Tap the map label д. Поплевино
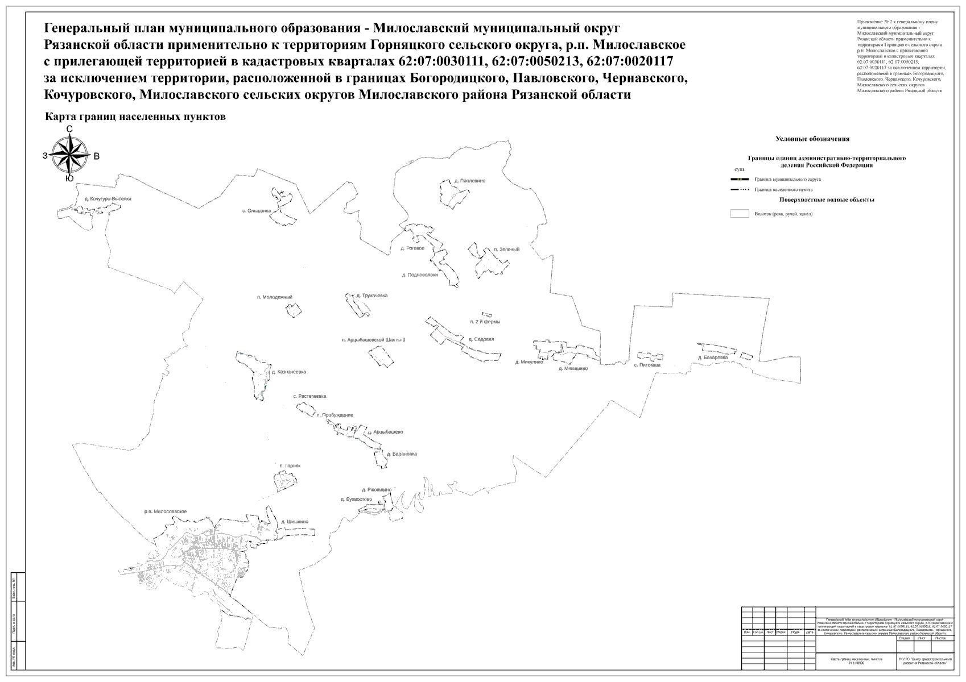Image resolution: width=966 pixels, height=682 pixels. (469, 181)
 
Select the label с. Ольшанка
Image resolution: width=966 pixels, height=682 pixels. (257, 210)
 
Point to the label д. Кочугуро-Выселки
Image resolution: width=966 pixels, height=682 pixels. (108, 199)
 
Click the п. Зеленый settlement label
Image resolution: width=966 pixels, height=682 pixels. (506, 249)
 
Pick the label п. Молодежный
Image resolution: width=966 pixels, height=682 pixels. (274, 297)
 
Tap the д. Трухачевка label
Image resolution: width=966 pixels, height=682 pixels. (371, 296)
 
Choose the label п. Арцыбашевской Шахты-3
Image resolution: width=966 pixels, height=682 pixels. (373, 340)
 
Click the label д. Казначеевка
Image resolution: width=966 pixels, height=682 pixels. (288, 372)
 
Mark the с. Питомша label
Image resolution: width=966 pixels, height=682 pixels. (647, 365)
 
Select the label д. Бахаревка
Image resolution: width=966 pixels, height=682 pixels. (713, 357)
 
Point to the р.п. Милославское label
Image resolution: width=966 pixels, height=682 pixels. (165, 511)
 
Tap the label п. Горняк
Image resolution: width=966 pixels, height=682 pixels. (290, 465)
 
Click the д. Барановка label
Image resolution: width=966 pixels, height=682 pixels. (401, 454)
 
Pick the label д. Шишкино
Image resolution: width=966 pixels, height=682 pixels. (294, 521)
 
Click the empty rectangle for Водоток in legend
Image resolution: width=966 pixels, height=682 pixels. (739, 214)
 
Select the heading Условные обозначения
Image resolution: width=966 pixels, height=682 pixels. (812, 139)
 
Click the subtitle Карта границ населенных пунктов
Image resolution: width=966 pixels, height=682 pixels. (136, 117)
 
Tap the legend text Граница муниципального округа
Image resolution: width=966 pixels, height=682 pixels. (787, 179)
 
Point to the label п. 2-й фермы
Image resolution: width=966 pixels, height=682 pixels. (485, 322)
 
